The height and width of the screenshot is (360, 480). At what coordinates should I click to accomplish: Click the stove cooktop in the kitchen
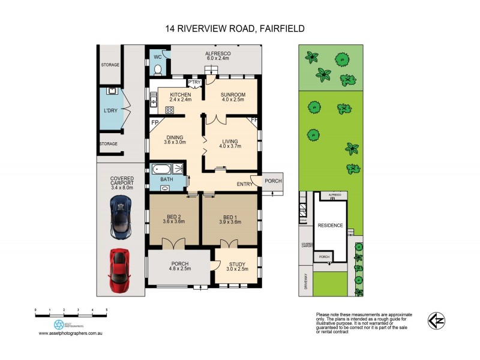tap(169, 110)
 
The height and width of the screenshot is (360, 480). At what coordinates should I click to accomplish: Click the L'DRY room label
tap(110, 112)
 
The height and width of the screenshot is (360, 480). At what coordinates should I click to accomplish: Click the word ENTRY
tap(245, 184)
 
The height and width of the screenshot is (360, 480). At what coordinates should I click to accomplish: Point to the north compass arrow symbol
tap(436, 320)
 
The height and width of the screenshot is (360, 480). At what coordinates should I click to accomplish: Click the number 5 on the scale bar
tap(106, 310)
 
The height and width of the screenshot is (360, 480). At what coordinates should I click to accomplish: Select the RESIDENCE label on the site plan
tap(330, 225)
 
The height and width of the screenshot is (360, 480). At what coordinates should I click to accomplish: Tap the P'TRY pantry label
tap(194, 83)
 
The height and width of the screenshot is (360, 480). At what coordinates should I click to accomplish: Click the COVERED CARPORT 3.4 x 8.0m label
tap(121, 183)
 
